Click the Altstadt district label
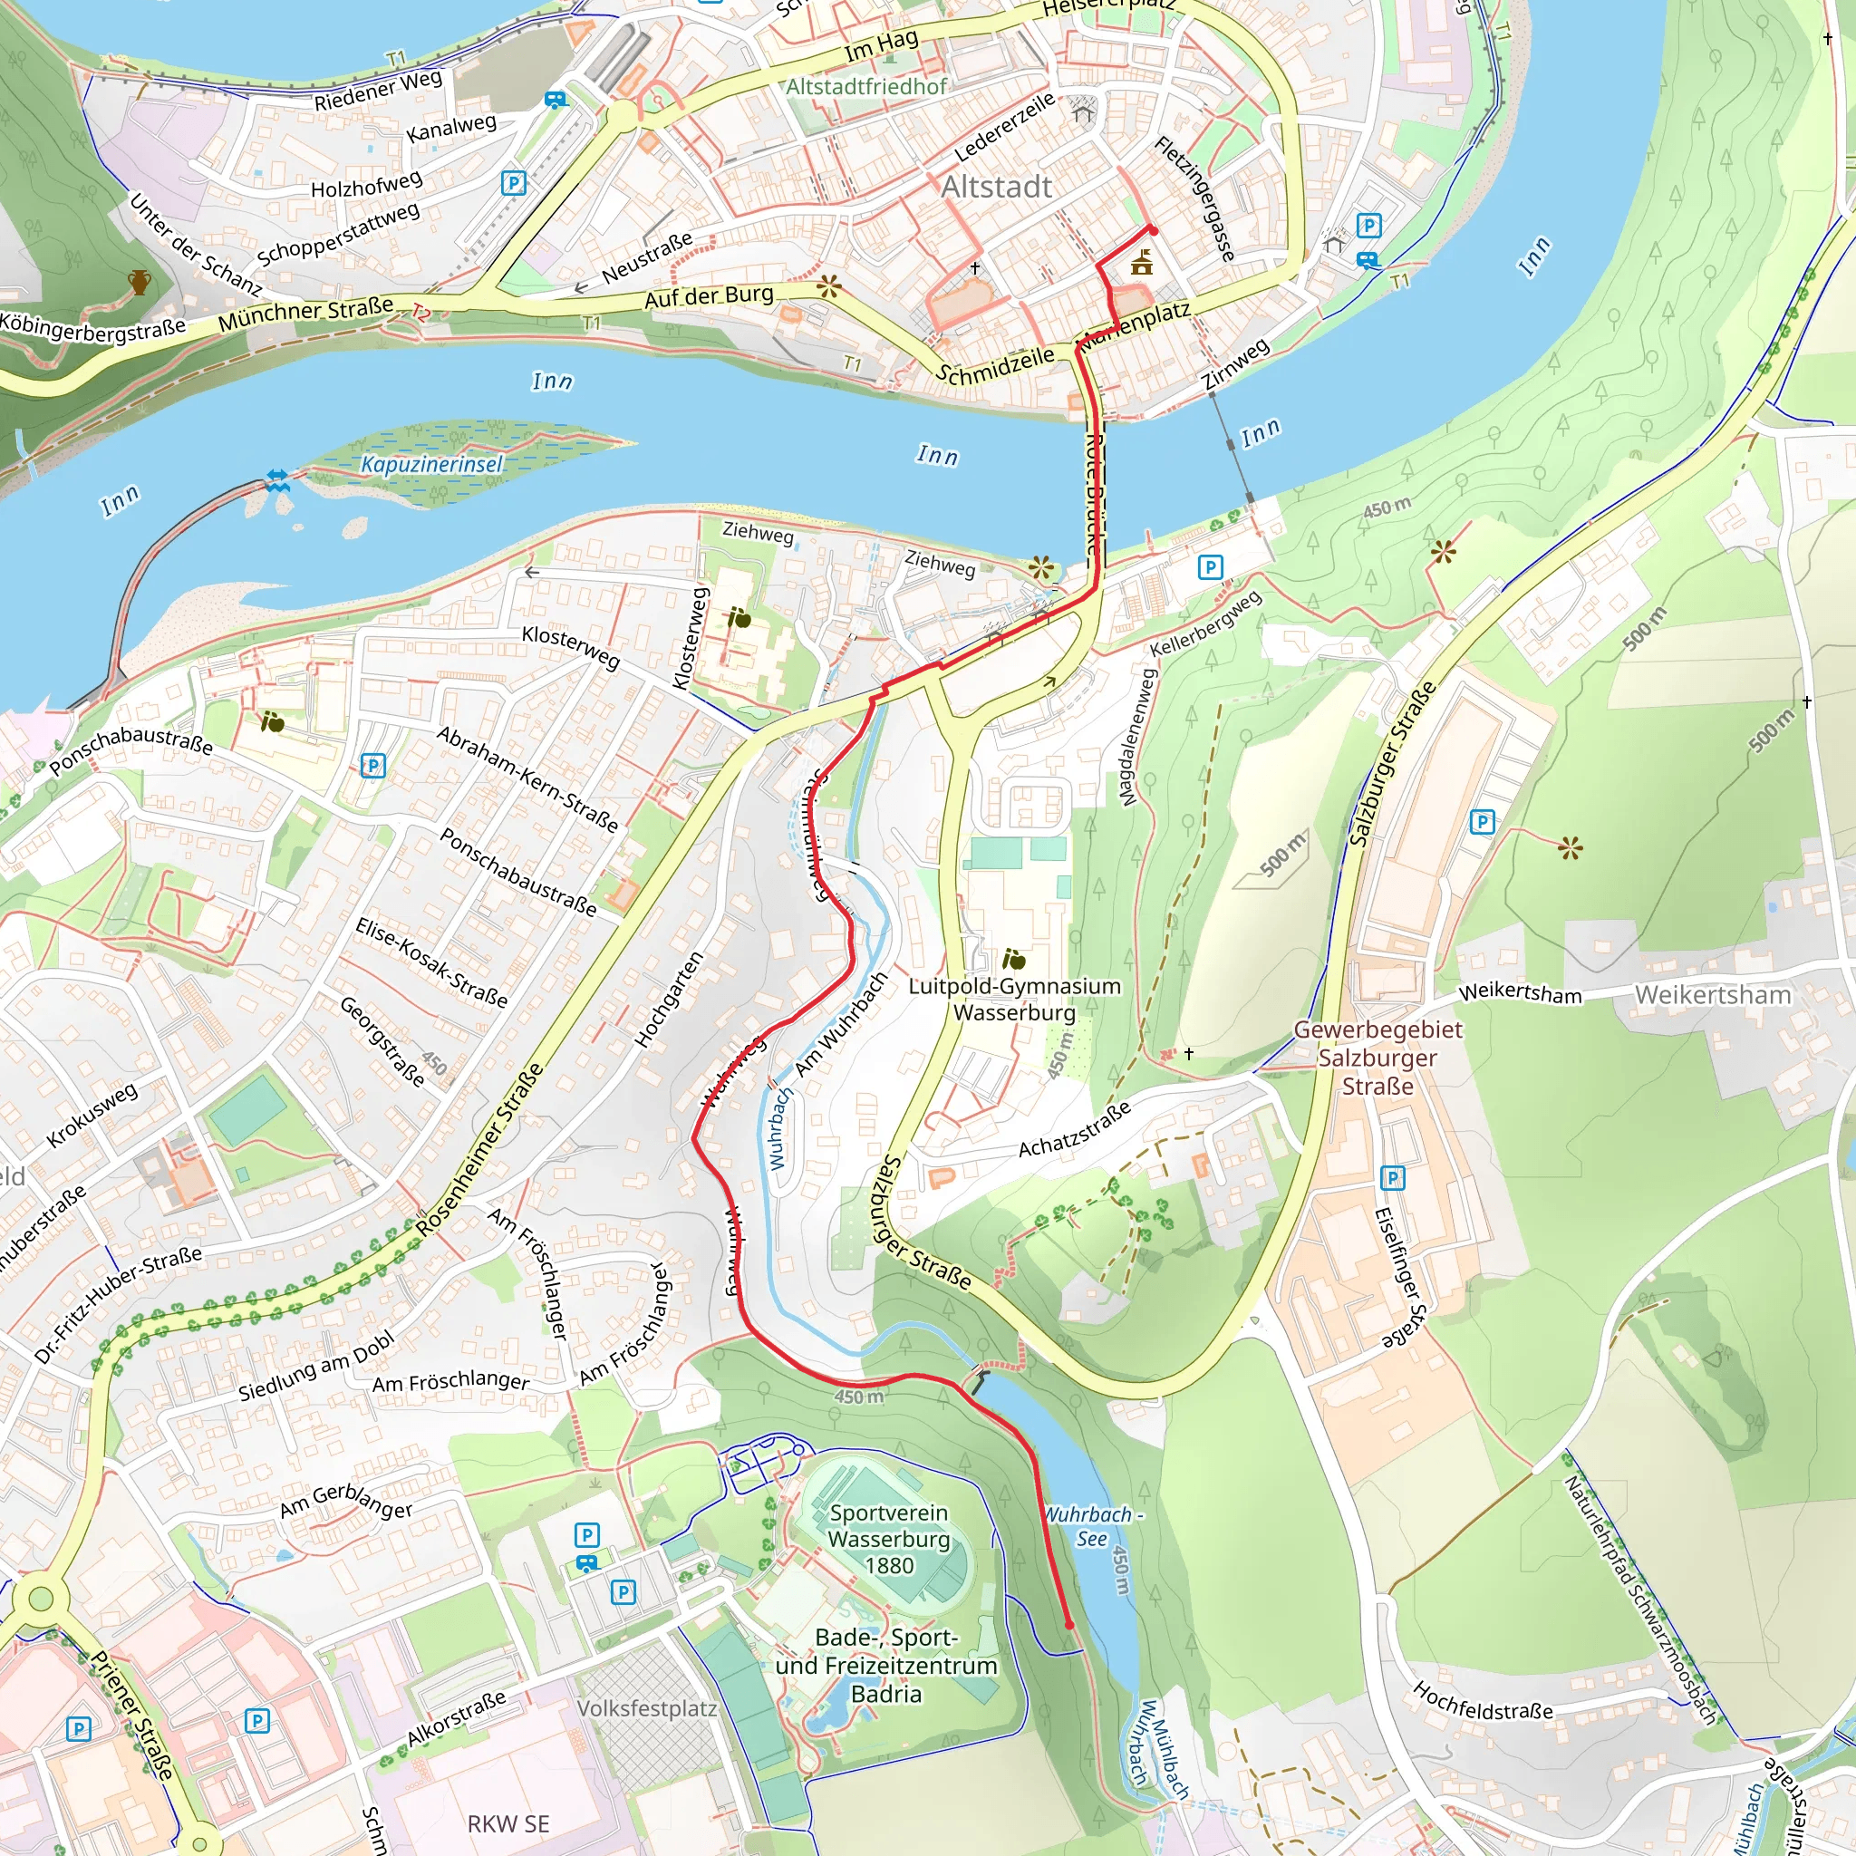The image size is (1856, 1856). tap(996, 188)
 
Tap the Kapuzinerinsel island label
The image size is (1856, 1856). tap(431, 465)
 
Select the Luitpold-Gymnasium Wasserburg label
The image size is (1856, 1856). tap(1013, 999)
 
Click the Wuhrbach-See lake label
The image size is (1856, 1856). tap(1092, 1526)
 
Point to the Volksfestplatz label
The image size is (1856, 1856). tap(646, 1709)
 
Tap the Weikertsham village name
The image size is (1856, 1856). tap(1713, 995)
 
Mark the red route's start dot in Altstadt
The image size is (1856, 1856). tap(1153, 228)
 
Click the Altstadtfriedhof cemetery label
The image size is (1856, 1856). tap(865, 87)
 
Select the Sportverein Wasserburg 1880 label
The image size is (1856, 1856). tap(889, 1539)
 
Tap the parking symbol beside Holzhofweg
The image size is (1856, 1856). tap(514, 182)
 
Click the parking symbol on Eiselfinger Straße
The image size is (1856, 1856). tap(1392, 1177)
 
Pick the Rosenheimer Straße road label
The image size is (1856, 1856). tap(479, 1150)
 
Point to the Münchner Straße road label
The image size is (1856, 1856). tap(305, 314)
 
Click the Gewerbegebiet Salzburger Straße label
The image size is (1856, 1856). tap(1377, 1058)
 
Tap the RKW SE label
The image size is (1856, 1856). tap(508, 1824)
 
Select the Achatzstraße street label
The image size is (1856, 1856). tap(1074, 1130)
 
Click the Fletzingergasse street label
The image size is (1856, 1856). tap(1194, 198)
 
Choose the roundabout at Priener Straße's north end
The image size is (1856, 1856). tap(41, 1600)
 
